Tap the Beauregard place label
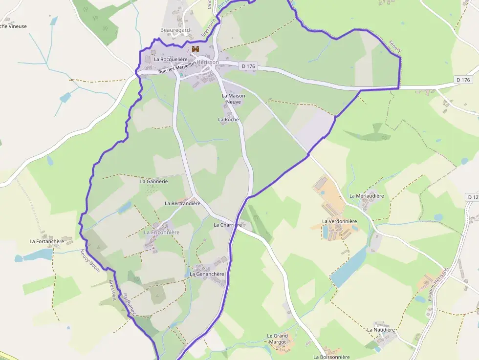coord(175,30)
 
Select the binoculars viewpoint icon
coord(196,49)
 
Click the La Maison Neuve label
coord(233,99)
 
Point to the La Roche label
coord(228,119)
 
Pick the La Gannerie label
coord(154,181)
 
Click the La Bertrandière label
coord(183,203)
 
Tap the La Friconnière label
coord(162,233)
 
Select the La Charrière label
coord(228,225)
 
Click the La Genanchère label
coord(207,274)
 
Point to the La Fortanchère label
coord(46,241)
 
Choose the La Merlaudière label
coord(367,196)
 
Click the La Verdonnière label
coord(340,221)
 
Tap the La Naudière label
coord(381,330)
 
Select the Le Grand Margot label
coord(277,339)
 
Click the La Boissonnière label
coord(332,357)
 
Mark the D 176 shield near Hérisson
coord(248,66)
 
